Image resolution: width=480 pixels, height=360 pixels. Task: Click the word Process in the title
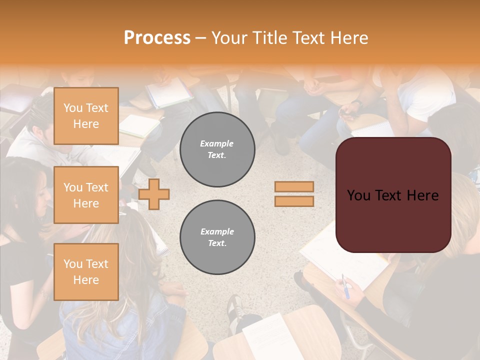tap(157, 38)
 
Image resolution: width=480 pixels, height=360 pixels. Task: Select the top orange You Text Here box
tap(86, 116)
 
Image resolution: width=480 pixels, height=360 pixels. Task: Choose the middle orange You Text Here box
tap(86, 195)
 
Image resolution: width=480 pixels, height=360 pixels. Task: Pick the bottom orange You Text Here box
tap(86, 271)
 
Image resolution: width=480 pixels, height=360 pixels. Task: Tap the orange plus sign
tap(154, 193)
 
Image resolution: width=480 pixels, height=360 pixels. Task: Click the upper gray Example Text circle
tap(217, 149)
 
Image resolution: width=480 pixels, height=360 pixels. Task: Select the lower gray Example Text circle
tap(217, 237)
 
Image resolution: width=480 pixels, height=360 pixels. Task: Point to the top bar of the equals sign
tap(294, 186)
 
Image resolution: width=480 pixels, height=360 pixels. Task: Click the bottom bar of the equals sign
tap(294, 201)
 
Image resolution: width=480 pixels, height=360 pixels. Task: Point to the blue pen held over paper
tap(345, 286)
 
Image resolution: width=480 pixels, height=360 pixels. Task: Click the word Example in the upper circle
tap(217, 143)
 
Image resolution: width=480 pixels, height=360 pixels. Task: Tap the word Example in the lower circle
tap(217, 231)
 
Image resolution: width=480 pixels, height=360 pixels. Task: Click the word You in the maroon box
tap(358, 195)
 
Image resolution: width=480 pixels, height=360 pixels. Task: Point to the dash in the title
tap(201, 38)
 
